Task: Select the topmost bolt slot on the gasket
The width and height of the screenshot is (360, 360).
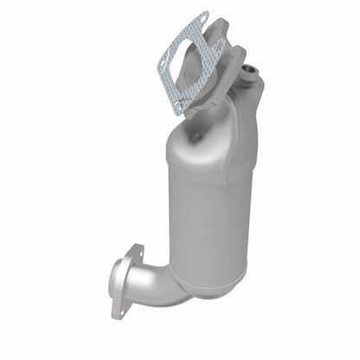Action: (x=203, y=17)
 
